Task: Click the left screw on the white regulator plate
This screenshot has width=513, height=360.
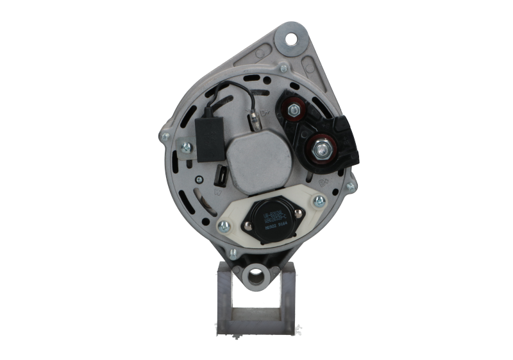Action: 224,226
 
